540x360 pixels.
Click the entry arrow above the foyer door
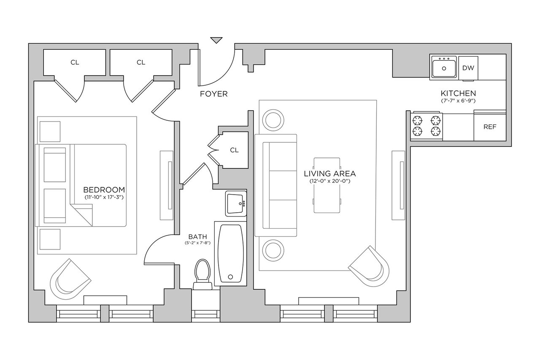pos(216,40)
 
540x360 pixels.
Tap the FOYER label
pos(214,94)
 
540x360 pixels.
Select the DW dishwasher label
pos(468,68)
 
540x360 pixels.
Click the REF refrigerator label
pos(490,127)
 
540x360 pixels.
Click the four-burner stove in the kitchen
pos(427,126)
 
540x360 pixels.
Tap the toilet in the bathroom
pos(202,274)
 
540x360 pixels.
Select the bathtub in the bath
pos(230,253)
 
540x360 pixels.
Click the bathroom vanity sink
pos(236,203)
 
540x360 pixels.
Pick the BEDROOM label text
pos(104,190)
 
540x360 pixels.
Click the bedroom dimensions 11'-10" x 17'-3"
pos(104,197)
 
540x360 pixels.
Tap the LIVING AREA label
pos(330,173)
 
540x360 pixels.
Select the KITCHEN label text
pos(458,93)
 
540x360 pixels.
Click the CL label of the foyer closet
pos(234,150)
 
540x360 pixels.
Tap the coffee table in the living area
pos(327,185)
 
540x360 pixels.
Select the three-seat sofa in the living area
pos(276,185)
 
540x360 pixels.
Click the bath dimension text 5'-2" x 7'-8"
pos(198,243)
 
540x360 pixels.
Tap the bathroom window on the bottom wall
pos(205,314)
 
